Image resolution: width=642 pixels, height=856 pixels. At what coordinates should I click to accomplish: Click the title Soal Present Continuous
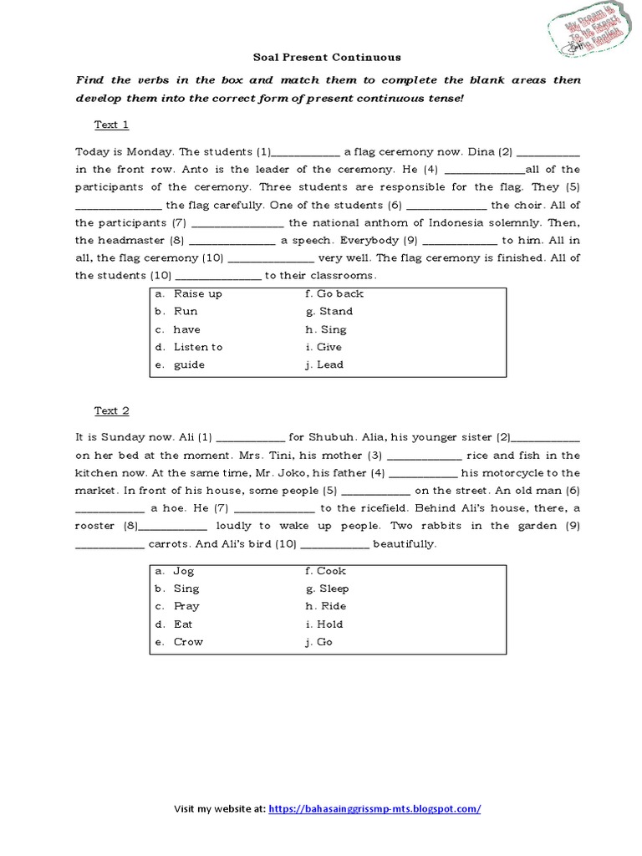click(327, 58)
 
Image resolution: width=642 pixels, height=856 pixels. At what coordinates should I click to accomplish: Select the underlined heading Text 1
click(111, 125)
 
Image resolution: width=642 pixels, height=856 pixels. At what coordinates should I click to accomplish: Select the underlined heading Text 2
click(111, 410)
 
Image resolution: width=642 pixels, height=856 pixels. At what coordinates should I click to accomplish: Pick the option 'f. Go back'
click(334, 294)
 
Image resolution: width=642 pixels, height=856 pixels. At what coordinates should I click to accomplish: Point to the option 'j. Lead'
click(325, 364)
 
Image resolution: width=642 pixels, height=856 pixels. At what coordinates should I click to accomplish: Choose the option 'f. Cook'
click(326, 572)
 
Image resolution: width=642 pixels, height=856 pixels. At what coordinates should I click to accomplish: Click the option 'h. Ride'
click(326, 607)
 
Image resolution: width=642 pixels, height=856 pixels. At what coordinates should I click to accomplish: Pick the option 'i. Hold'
click(324, 624)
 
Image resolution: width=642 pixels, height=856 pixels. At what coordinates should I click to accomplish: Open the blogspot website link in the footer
click(374, 809)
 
